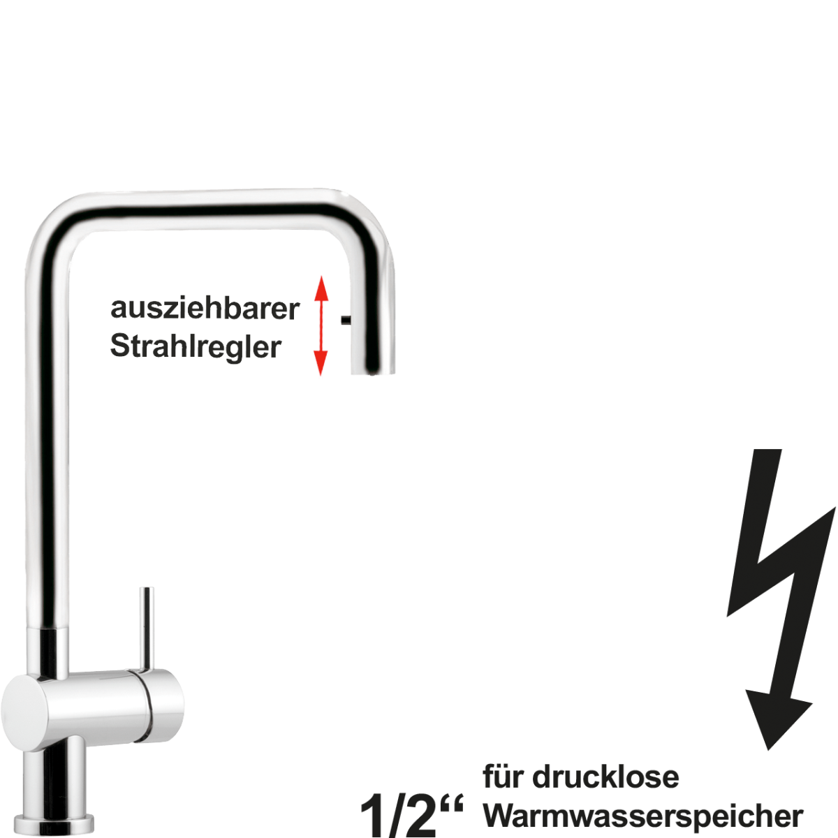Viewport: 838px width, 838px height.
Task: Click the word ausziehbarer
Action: [x=205, y=309]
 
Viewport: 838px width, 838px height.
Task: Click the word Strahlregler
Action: [x=196, y=348]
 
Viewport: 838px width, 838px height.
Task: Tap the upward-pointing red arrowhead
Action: [x=321, y=288]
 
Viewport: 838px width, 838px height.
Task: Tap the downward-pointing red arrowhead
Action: [x=321, y=362]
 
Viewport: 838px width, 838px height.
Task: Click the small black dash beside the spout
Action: [x=346, y=321]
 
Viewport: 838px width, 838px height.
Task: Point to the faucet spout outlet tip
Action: [x=373, y=371]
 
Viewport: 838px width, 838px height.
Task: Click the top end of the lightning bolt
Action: [x=769, y=451]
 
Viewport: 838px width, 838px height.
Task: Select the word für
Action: [x=504, y=777]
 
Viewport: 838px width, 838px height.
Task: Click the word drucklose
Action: [x=605, y=777]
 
